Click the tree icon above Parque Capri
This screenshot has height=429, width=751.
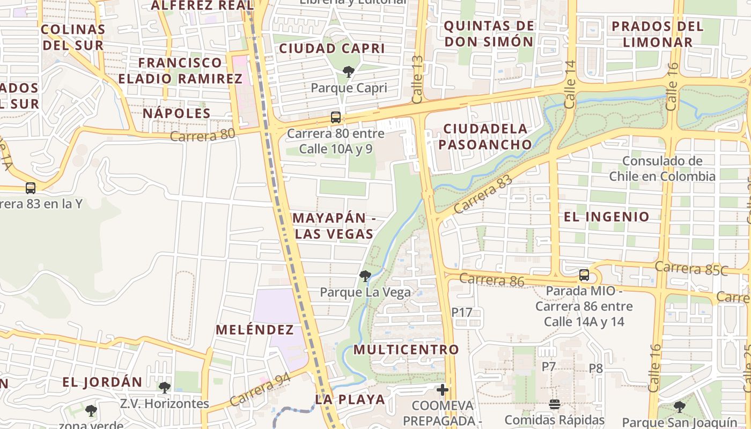[x=349, y=71]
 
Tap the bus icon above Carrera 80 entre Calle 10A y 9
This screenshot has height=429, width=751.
[x=336, y=117]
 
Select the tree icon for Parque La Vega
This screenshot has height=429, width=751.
[x=365, y=276]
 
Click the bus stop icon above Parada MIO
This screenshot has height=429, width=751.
[x=584, y=275]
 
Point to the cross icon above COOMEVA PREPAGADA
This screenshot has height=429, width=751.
[x=443, y=389]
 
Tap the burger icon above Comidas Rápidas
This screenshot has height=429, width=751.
[x=555, y=404]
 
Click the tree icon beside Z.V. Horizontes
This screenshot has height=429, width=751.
[x=165, y=387]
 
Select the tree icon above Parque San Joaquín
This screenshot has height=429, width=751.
[x=680, y=406]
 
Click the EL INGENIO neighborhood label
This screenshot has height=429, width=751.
[x=607, y=217]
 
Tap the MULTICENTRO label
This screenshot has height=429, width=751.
[x=406, y=350]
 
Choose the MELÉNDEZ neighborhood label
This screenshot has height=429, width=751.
[x=255, y=330]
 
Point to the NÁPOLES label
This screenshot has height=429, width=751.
[x=176, y=113]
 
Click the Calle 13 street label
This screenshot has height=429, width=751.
[x=418, y=79]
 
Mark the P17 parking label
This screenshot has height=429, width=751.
[x=461, y=312]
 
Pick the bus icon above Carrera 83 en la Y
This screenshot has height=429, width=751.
[x=31, y=188]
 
